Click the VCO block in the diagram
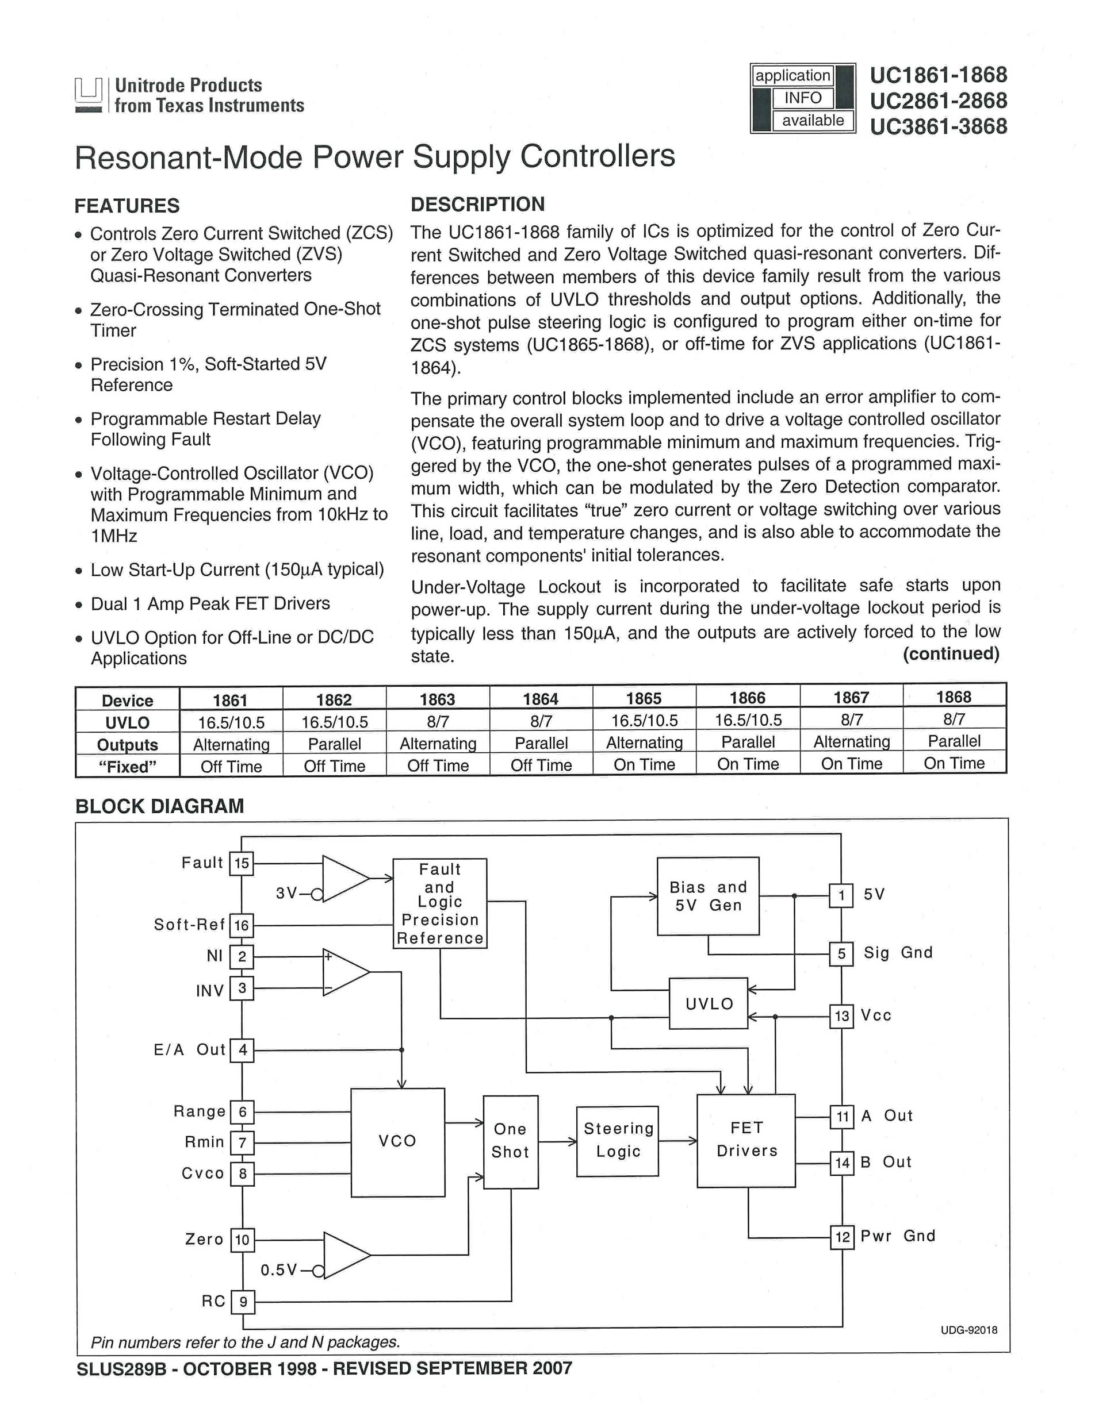(397, 1142)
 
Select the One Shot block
(511, 1141)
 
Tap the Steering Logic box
(618, 1141)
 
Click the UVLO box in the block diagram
(709, 1003)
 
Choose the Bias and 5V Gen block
(708, 896)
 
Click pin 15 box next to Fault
(242, 864)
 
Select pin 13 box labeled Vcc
(841, 1016)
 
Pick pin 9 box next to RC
(243, 1301)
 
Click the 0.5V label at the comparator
(279, 1269)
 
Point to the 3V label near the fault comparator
(286, 894)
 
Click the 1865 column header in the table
(644, 698)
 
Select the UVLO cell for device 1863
(437, 722)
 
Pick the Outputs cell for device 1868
(954, 741)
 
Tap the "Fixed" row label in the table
(127, 767)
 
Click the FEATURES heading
(127, 206)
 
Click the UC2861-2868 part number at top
(938, 101)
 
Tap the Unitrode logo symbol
(88, 95)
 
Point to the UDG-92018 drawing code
(968, 1330)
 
